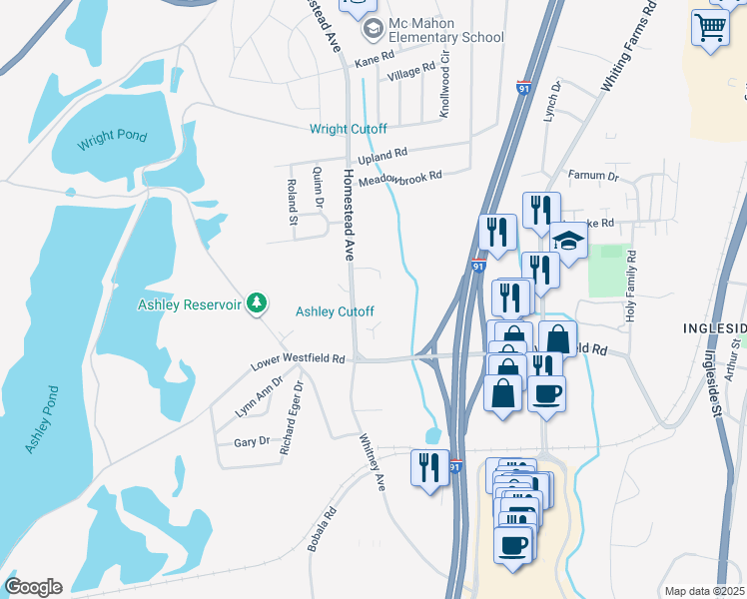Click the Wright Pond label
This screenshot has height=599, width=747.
(113, 137)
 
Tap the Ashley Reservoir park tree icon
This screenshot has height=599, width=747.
(258, 301)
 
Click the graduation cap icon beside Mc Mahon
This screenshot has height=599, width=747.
(373, 29)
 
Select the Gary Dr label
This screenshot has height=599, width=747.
(251, 441)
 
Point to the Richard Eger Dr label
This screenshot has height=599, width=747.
(291, 418)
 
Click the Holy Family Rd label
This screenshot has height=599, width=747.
(630, 286)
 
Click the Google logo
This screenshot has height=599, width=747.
(33, 586)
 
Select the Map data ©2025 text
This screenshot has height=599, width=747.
(704, 591)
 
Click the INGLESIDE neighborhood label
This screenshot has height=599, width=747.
(714, 328)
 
